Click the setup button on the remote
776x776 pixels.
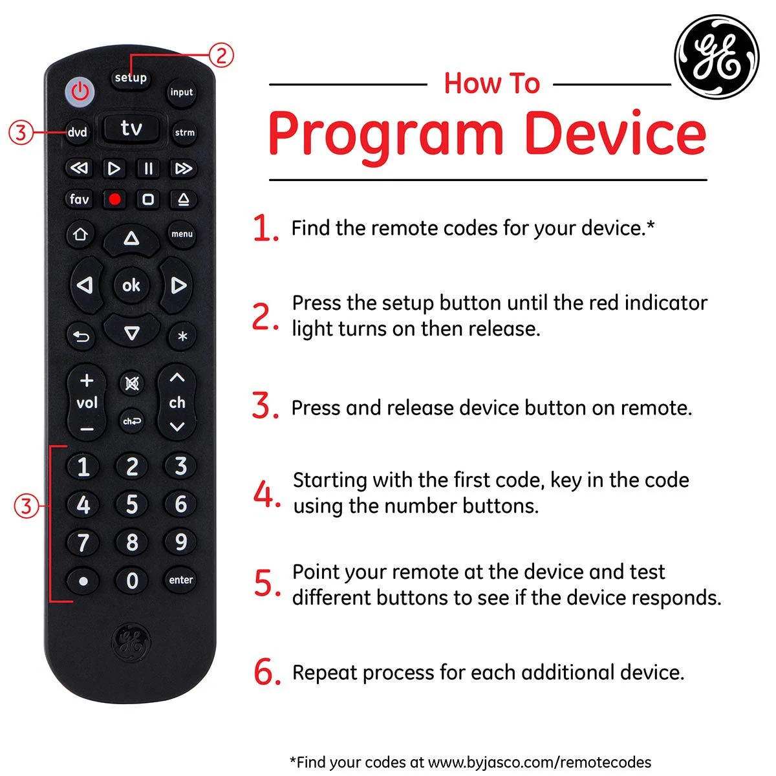tap(131, 78)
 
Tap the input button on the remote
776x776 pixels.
tap(182, 92)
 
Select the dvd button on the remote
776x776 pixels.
tap(78, 133)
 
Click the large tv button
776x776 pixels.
tap(131, 128)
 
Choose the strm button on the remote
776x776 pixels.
tap(184, 133)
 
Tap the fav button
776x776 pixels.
tap(79, 199)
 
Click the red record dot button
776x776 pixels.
tap(115, 199)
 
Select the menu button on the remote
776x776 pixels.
tap(182, 234)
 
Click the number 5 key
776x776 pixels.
tap(132, 504)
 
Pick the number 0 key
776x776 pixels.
tap(132, 580)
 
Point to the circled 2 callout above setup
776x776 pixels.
tap(221, 56)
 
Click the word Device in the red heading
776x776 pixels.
tap(614, 133)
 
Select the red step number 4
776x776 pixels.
tap(265, 495)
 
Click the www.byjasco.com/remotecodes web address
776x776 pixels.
tap(539, 762)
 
